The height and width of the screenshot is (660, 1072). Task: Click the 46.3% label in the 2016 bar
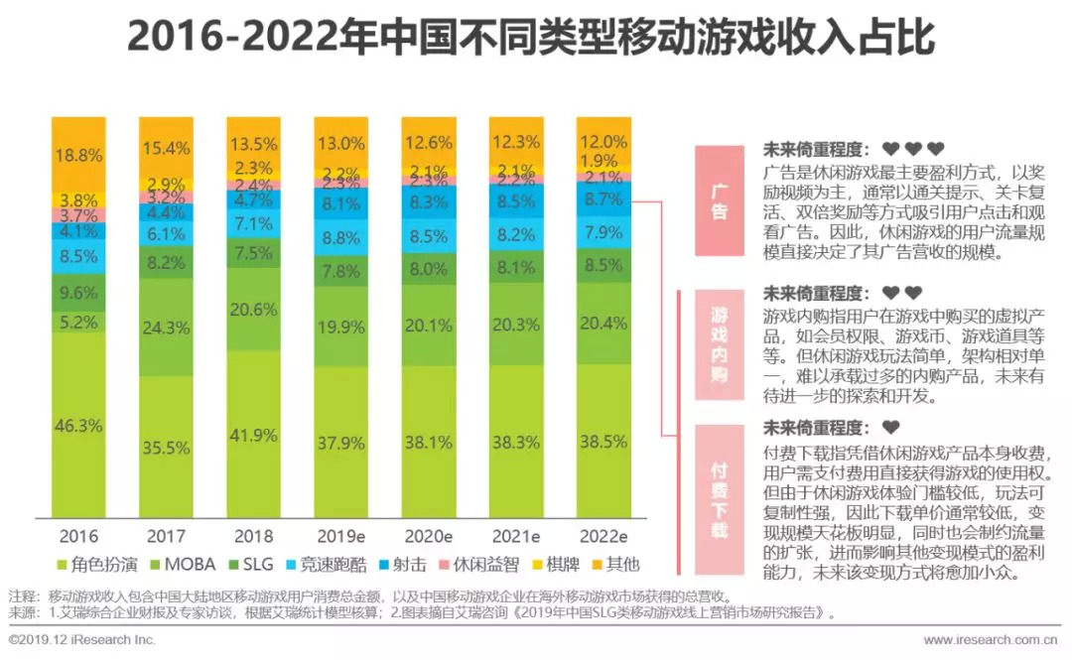[78, 426]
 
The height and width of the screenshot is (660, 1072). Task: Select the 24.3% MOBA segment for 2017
[166, 327]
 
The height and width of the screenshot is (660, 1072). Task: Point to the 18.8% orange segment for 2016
[78, 155]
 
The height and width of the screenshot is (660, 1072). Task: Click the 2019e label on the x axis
[341, 537]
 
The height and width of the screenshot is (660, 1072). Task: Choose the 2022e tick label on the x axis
[603, 537]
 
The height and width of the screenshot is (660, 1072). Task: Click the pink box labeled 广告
[719, 200]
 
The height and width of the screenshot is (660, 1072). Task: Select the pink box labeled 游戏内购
[719, 343]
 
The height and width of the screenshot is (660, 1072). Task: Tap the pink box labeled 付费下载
[719, 497]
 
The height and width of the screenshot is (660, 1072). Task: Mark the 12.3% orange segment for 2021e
[516, 142]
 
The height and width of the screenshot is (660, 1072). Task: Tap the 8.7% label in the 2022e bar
[603, 199]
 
